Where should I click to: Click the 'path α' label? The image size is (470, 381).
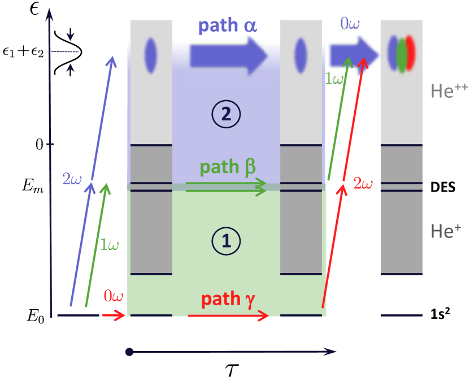[227, 26]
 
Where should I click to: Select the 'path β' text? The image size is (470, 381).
[228, 167]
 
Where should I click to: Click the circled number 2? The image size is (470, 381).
[226, 115]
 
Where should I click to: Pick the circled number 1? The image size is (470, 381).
[226, 241]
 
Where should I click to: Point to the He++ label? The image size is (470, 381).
[449, 90]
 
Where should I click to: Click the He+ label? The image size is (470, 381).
[446, 231]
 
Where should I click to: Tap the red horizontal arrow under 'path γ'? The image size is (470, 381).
[228, 316]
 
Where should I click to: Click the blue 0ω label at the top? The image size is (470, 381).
[350, 24]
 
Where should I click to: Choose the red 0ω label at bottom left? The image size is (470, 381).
[113, 296]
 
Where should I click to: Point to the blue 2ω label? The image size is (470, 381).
[72, 179]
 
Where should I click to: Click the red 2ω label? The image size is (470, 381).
[363, 183]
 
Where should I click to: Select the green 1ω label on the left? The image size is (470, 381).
[110, 245]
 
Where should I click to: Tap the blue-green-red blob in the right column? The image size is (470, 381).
[402, 54]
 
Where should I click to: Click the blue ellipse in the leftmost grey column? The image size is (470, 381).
[150, 55]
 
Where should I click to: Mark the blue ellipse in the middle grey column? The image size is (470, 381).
[301, 55]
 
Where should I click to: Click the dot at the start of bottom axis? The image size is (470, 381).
[129, 352]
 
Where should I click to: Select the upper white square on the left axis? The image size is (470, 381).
[55, 28]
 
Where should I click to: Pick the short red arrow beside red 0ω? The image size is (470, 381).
[114, 315]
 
